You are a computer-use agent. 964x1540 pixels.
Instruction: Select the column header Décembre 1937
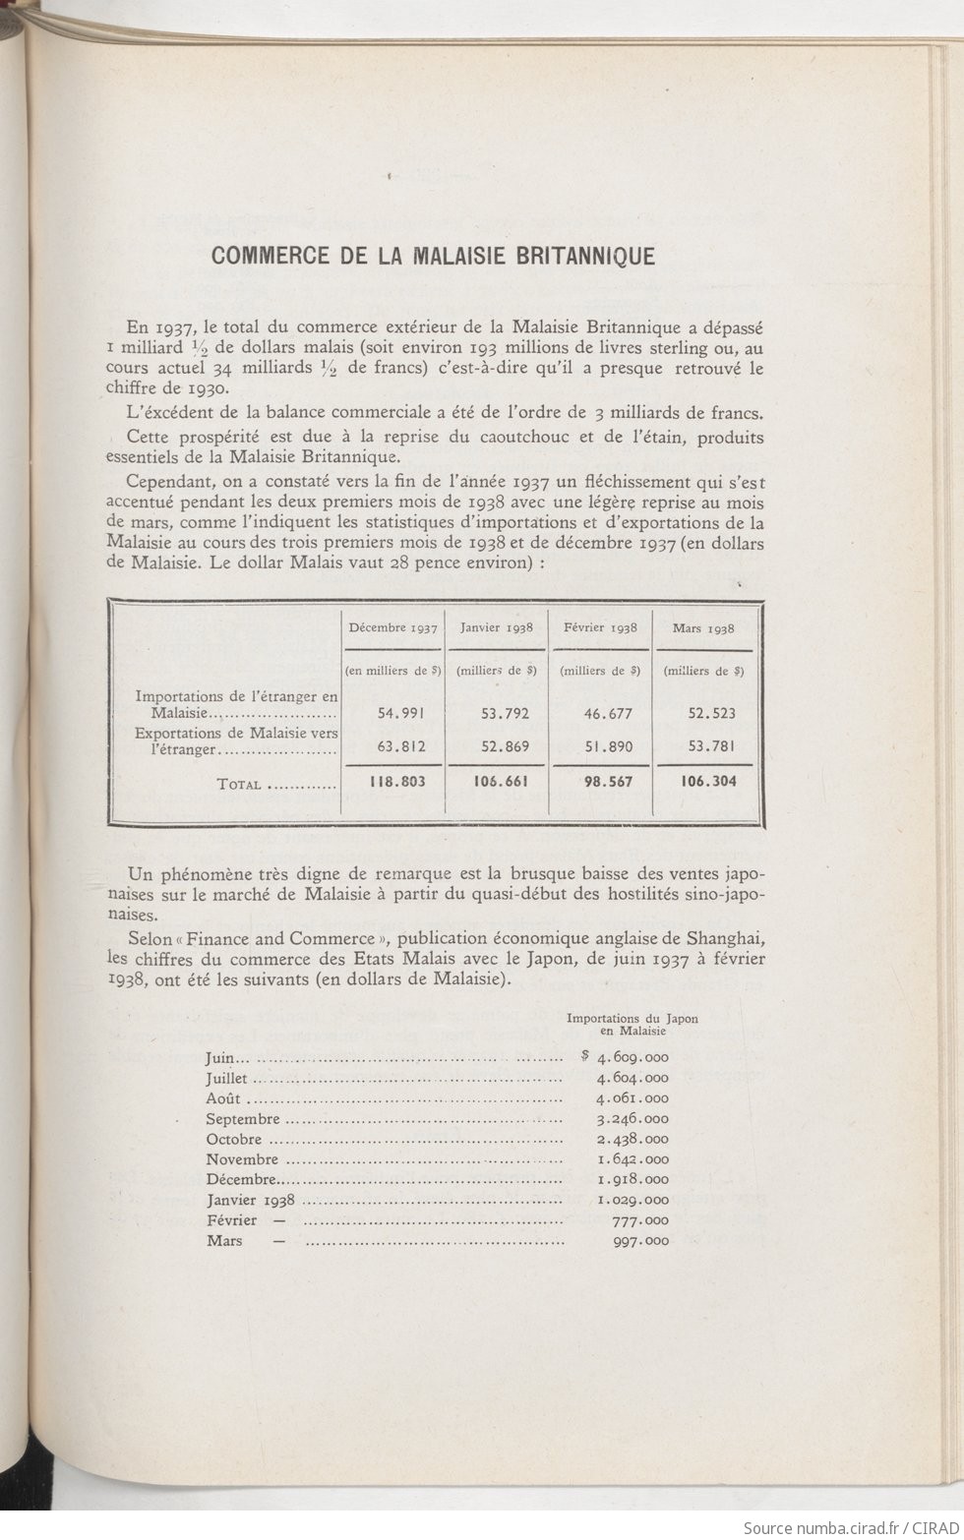392,627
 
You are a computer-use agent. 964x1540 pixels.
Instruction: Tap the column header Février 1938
600,627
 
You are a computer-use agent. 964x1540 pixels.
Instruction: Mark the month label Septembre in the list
243,1119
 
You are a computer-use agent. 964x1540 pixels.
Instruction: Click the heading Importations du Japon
632,1019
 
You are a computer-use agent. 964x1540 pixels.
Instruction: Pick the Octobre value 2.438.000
633,1140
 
